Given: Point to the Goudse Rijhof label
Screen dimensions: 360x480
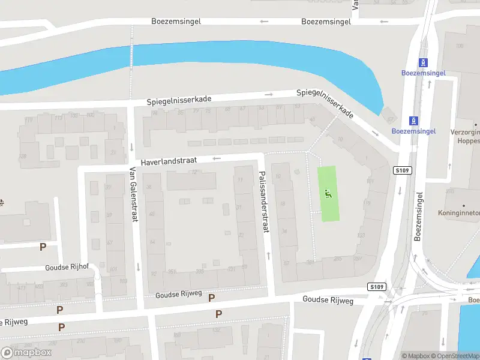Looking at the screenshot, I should (x=66, y=268).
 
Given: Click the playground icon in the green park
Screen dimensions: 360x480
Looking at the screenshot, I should (x=328, y=193).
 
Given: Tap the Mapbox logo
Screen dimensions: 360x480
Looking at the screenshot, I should (x=26, y=352).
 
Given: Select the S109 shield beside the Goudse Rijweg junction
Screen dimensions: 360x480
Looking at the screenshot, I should (x=376, y=287).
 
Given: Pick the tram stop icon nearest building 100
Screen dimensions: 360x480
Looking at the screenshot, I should (x=424, y=62).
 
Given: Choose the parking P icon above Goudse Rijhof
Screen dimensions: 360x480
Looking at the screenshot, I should (x=43, y=247).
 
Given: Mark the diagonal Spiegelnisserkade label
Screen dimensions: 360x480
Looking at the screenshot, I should (x=325, y=104).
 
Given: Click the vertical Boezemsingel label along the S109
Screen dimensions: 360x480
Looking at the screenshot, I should (x=419, y=216).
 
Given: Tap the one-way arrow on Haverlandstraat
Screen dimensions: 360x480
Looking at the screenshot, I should (x=217, y=158).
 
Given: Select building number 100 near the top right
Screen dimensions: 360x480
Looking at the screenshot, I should (x=460, y=46).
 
